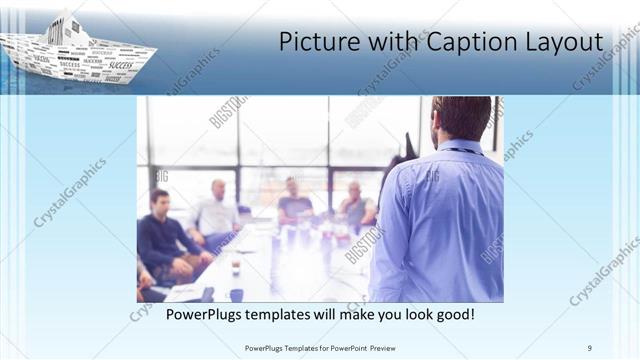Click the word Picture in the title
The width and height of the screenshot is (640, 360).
pyautogui.click(x=314, y=42)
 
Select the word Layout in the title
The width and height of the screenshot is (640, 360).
pyautogui.click(x=566, y=42)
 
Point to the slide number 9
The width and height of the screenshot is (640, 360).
pyautogui.click(x=590, y=348)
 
